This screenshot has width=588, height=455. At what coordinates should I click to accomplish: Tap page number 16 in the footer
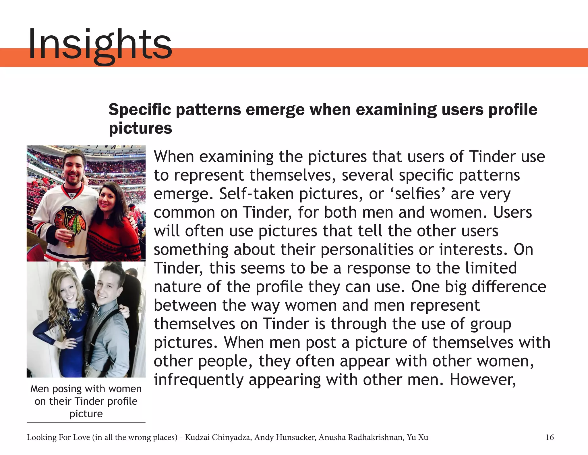click(550, 437)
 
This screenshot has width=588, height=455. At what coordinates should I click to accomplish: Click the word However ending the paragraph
click(483, 380)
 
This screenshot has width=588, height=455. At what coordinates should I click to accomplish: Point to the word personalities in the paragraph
click(367, 249)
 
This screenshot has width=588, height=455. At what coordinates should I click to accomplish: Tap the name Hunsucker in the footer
click(292, 437)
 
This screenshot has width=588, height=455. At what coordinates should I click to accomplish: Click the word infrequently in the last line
click(199, 380)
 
